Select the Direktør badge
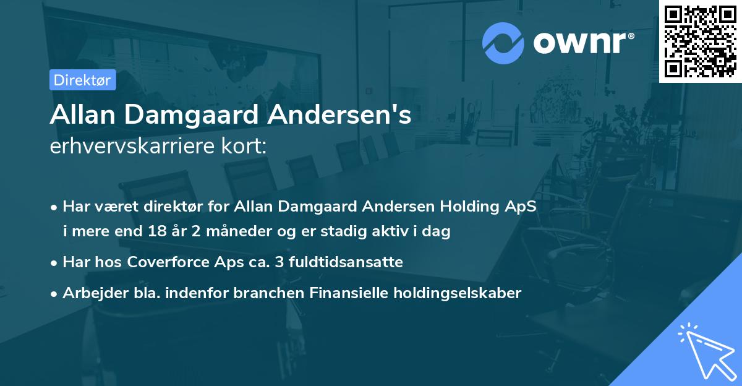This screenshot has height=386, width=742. (82, 80)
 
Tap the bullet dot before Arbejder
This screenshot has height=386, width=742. (56, 293)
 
